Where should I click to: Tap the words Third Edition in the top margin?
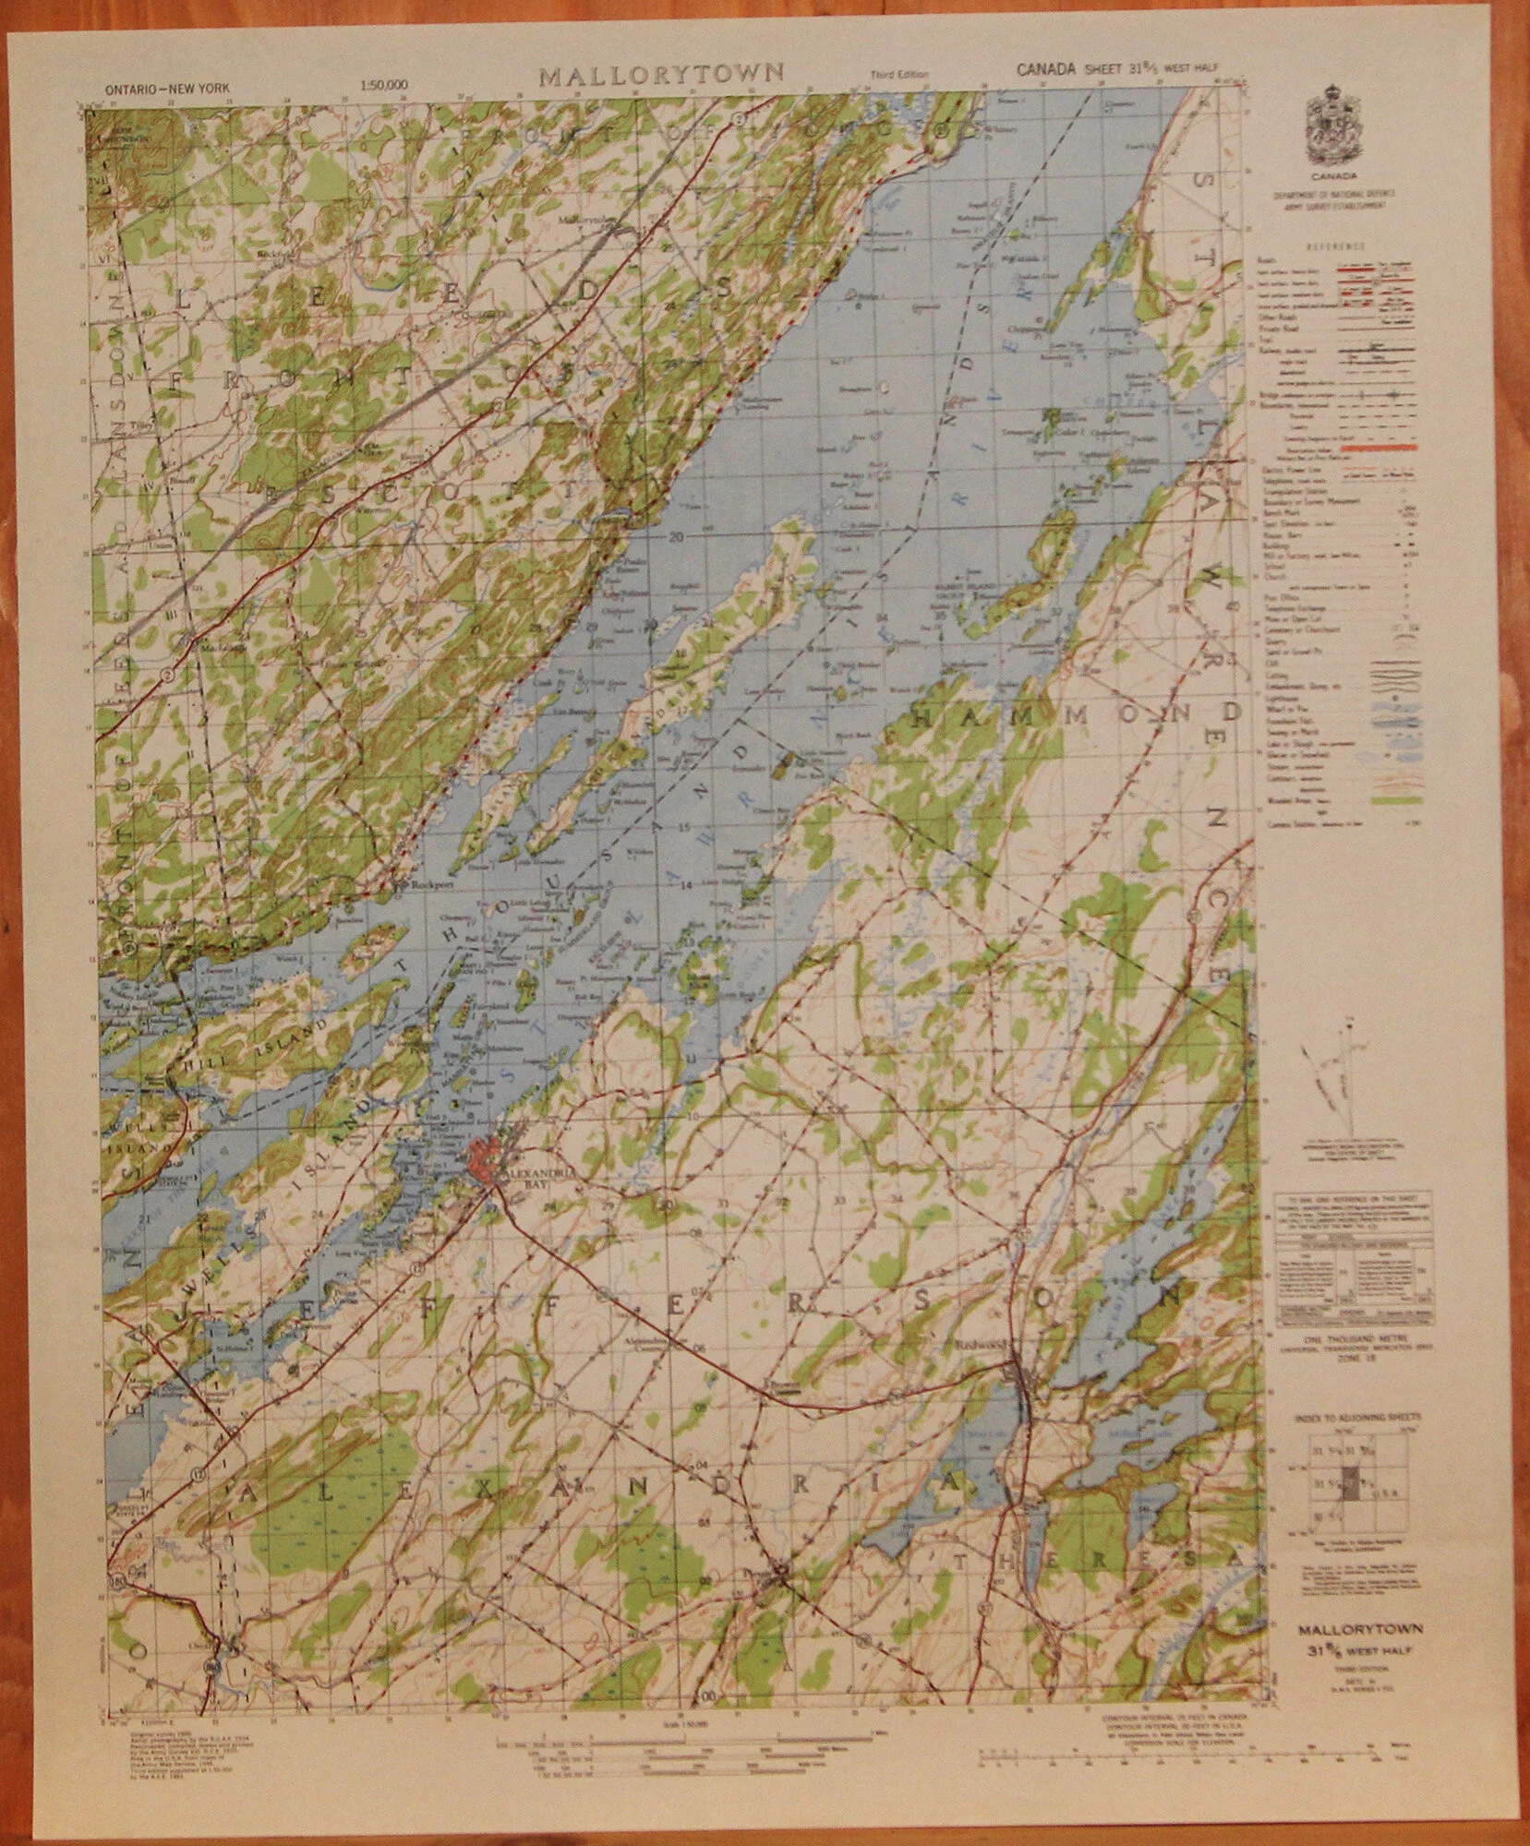(x=892, y=75)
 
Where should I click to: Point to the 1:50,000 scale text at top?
(x=385, y=87)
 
